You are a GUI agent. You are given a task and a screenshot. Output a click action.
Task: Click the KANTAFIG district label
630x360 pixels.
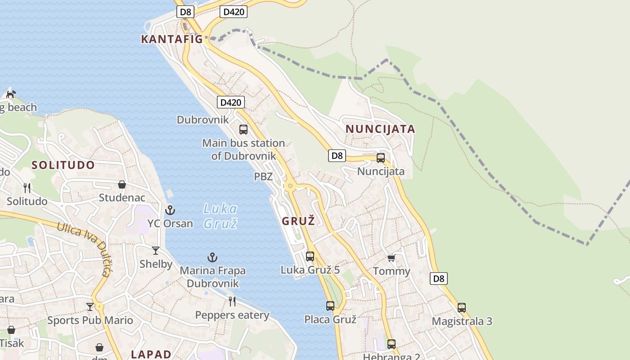click(172, 39)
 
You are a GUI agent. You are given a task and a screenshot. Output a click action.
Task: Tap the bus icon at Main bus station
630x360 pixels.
click(243, 130)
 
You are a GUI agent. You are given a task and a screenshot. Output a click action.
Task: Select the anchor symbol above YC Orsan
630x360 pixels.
click(170, 210)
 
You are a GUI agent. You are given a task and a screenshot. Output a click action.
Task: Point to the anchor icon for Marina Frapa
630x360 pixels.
click(212, 257)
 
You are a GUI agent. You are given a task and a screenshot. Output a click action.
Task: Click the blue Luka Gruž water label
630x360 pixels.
click(220, 216)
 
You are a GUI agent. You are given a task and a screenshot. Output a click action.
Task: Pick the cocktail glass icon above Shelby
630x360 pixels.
click(156, 251)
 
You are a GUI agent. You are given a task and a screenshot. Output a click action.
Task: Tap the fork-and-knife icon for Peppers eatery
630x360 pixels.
click(232, 301)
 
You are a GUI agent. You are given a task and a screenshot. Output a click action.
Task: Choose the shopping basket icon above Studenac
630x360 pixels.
click(121, 184)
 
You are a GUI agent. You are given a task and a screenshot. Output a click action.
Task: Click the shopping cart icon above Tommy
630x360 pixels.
click(391, 258)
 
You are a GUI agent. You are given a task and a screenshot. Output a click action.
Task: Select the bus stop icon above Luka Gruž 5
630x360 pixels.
click(310, 256)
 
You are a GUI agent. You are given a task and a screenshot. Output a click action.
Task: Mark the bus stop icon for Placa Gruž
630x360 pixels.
click(330, 306)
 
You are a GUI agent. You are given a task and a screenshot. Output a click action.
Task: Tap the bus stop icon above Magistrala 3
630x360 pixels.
click(462, 308)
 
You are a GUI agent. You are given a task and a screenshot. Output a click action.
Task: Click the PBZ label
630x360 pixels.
click(263, 176)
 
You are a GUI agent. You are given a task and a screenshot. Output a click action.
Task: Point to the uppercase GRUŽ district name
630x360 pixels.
click(298, 221)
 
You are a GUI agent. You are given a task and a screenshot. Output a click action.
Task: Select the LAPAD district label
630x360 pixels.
click(151, 354)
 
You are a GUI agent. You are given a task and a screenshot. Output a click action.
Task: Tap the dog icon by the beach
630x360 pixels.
click(11, 94)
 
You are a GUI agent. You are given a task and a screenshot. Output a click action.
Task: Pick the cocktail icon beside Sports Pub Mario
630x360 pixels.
click(90, 306)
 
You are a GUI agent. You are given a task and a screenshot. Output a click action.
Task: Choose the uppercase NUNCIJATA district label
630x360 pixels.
click(380, 129)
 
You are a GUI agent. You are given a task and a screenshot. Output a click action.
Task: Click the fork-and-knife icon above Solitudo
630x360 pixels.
click(27, 188)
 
